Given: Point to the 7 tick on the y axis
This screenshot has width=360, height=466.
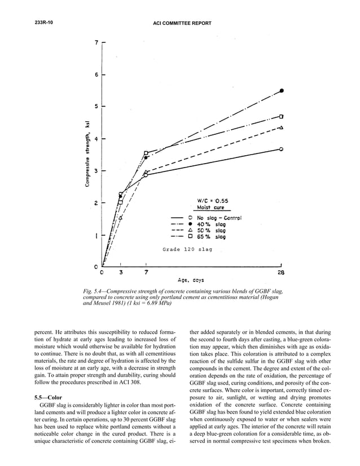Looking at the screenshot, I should [96, 42].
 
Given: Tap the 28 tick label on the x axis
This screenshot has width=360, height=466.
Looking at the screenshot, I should [281, 272].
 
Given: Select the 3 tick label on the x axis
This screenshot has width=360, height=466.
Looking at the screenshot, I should [121, 272].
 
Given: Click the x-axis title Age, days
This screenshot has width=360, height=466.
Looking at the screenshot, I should [191, 280].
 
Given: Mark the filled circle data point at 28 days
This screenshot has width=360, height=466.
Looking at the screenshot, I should [282, 90].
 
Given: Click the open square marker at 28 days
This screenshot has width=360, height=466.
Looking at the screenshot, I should [281, 116].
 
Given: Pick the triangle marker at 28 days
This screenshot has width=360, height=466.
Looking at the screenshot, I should [281, 128].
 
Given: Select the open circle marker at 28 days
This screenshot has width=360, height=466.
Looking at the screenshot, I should [281, 149].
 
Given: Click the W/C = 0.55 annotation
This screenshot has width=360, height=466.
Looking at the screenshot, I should [212, 200].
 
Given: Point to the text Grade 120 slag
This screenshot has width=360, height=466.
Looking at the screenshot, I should [187, 249].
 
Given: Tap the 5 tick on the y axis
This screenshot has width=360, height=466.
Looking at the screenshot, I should [96, 106].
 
